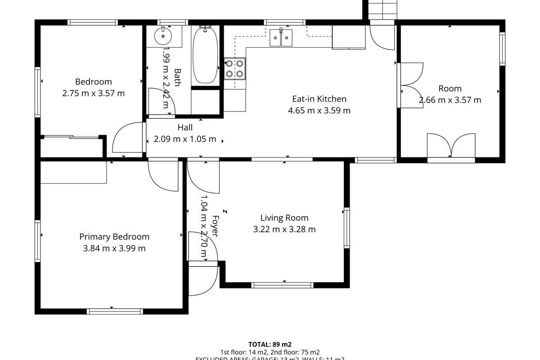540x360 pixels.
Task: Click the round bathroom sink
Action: (x=161, y=36)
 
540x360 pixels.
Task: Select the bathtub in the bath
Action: (x=205, y=55)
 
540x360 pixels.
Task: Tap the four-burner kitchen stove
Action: (x=235, y=69)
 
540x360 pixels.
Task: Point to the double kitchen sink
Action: (x=281, y=37)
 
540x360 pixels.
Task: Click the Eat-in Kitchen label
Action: (x=319, y=99)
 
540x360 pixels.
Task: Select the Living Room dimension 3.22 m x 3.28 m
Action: (x=284, y=229)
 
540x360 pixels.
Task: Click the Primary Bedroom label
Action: (x=114, y=237)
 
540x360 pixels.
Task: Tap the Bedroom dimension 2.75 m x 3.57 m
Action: (x=93, y=94)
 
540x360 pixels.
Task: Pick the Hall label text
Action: (x=184, y=128)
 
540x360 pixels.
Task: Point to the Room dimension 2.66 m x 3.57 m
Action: (x=450, y=100)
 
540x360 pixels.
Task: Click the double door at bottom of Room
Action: (x=451, y=146)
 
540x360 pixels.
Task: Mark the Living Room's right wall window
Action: (x=347, y=228)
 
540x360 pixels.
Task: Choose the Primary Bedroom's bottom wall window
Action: (x=115, y=311)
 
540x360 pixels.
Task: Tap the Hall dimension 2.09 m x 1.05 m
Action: (x=184, y=139)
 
